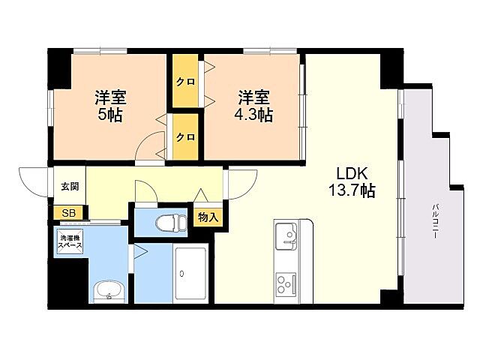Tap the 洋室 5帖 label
coord(109,106)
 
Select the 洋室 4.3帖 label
coord(255,106)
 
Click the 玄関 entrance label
coord(70,186)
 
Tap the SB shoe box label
coord(69,214)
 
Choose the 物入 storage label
coord(208,217)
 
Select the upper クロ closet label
coord(186,82)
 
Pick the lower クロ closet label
coord(186,137)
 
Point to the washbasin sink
coord(109,291)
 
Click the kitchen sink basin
coord(287,238)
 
